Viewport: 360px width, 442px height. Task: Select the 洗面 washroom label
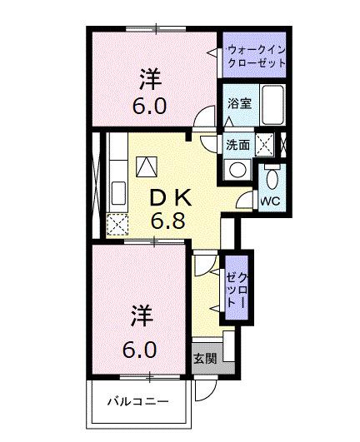(238, 144)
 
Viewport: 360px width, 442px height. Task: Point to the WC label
(269, 201)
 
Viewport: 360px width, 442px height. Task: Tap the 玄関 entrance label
(205, 359)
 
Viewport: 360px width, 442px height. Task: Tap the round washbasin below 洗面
(237, 169)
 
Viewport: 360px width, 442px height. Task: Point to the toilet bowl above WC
(272, 177)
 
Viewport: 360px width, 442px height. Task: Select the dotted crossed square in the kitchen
(118, 223)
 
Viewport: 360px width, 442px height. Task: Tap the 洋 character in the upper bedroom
(151, 81)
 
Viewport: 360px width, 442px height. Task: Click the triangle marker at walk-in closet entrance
(211, 52)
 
